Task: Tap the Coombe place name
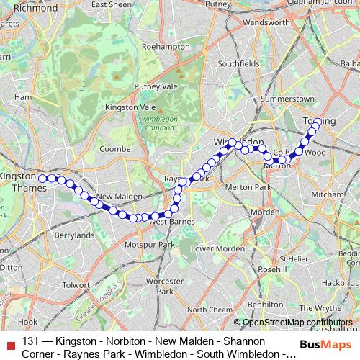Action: (114, 148)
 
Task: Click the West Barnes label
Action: (172, 222)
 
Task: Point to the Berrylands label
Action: (74, 235)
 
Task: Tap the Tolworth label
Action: (78, 284)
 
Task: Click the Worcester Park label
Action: (165, 286)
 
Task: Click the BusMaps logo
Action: (325, 344)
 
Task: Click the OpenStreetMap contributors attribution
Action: (297, 323)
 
